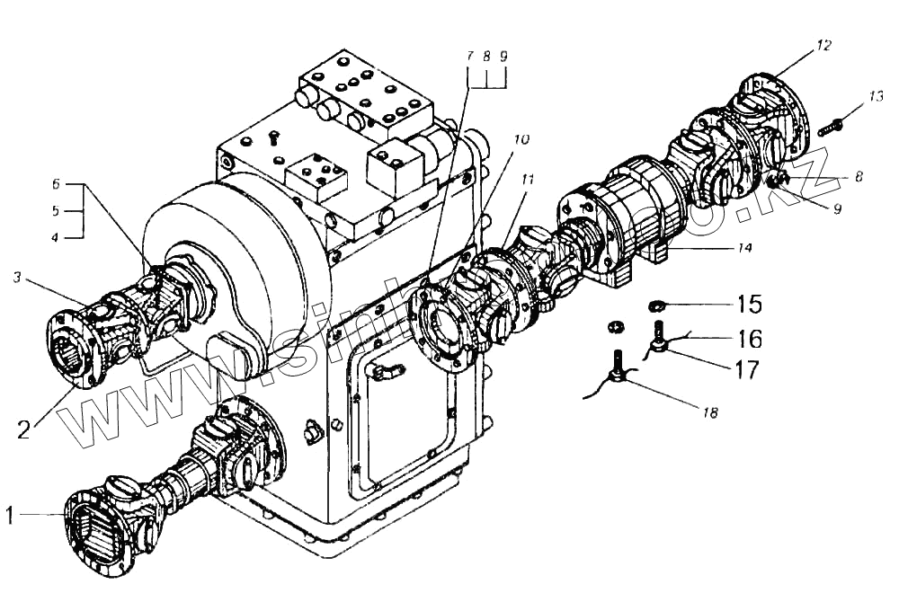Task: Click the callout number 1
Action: [10, 516]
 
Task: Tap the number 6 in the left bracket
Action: [55, 183]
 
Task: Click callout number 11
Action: [527, 180]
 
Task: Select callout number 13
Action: [877, 95]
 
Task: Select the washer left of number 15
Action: [657, 307]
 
